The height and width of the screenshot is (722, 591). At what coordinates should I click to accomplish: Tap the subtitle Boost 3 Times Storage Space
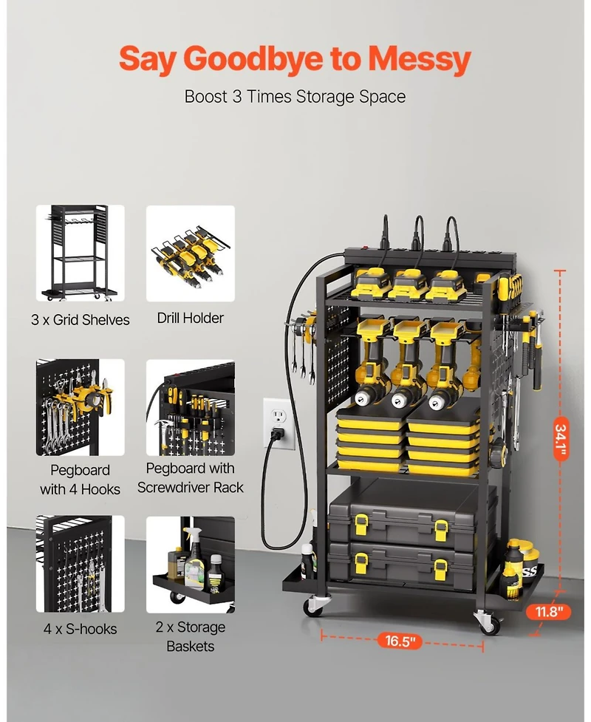click(295, 97)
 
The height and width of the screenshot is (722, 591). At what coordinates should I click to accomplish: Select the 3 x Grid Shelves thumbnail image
click(81, 253)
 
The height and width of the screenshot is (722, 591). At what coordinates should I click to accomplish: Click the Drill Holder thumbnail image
click(191, 253)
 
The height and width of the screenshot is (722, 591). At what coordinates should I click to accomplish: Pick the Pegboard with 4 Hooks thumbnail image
click(81, 407)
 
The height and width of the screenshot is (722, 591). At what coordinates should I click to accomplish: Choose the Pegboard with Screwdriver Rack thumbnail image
click(191, 407)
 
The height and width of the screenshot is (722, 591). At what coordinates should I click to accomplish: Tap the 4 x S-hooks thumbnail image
click(81, 563)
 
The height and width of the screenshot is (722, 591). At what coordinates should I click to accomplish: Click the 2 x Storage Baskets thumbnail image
click(191, 563)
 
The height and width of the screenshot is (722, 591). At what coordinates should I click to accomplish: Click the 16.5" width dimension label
click(401, 641)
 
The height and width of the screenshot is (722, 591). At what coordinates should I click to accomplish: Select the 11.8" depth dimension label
click(549, 611)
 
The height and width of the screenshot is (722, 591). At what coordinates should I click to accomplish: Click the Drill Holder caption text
click(191, 319)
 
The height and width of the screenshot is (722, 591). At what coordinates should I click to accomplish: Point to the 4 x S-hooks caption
click(81, 629)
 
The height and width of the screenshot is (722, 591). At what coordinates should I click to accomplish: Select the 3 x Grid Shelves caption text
click(81, 320)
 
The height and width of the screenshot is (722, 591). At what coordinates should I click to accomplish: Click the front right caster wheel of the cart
click(488, 622)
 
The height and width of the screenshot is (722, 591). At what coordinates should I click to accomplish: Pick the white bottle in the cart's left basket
click(308, 562)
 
